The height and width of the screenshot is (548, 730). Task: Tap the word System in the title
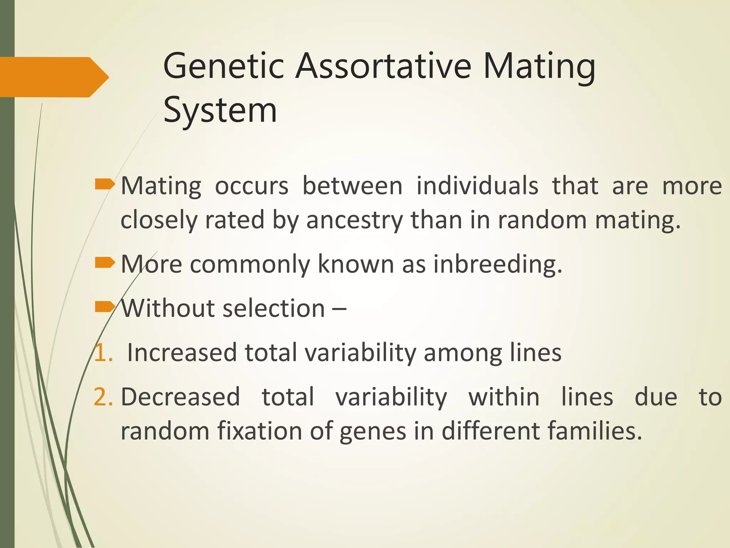tap(220, 110)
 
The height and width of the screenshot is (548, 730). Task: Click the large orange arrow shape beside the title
tap(53, 77)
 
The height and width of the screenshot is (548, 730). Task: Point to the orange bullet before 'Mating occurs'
tap(105, 184)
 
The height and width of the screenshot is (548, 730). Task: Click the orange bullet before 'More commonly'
tap(105, 263)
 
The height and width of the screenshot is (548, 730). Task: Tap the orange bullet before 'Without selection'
tap(105, 306)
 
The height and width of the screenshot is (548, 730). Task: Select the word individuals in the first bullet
tap(477, 186)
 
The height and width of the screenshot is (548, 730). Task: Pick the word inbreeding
tap(498, 264)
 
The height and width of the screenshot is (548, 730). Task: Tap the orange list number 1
tap(103, 352)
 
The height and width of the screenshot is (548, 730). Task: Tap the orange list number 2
tap(103, 397)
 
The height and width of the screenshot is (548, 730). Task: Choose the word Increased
tap(182, 352)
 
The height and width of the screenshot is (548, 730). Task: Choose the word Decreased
tap(180, 397)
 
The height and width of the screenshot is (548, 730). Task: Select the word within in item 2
tap(504, 397)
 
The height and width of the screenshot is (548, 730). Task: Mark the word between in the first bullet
tap(352, 186)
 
